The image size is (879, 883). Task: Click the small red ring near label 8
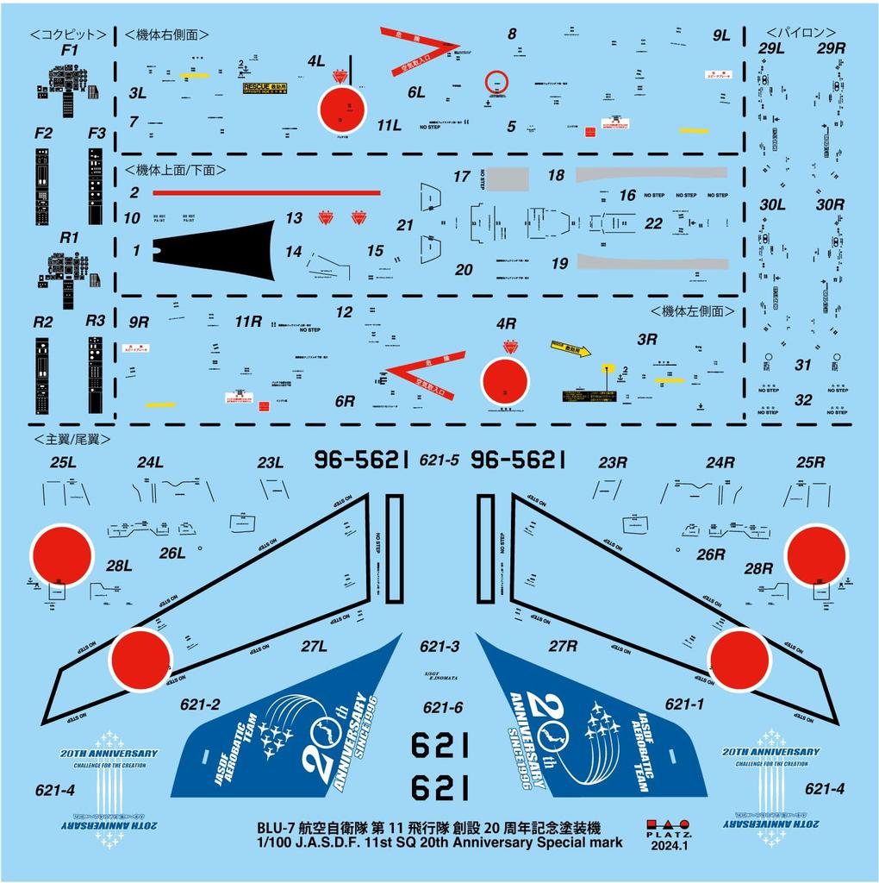coord(494,83)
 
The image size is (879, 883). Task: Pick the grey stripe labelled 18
coord(651,172)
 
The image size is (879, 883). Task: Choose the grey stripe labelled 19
coord(651,260)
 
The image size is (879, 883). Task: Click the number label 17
coord(462,177)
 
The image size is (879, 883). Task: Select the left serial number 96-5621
coord(360,460)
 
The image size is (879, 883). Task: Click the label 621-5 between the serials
coord(439,461)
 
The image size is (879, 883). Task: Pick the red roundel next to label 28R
coord(816,555)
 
